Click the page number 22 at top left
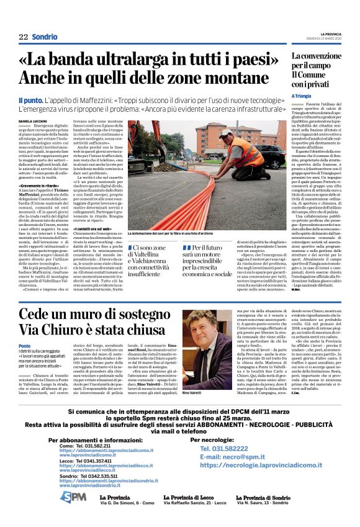click(23, 37)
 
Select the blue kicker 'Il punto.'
click(31, 99)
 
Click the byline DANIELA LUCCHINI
click(36, 120)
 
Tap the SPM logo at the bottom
click(73, 497)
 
